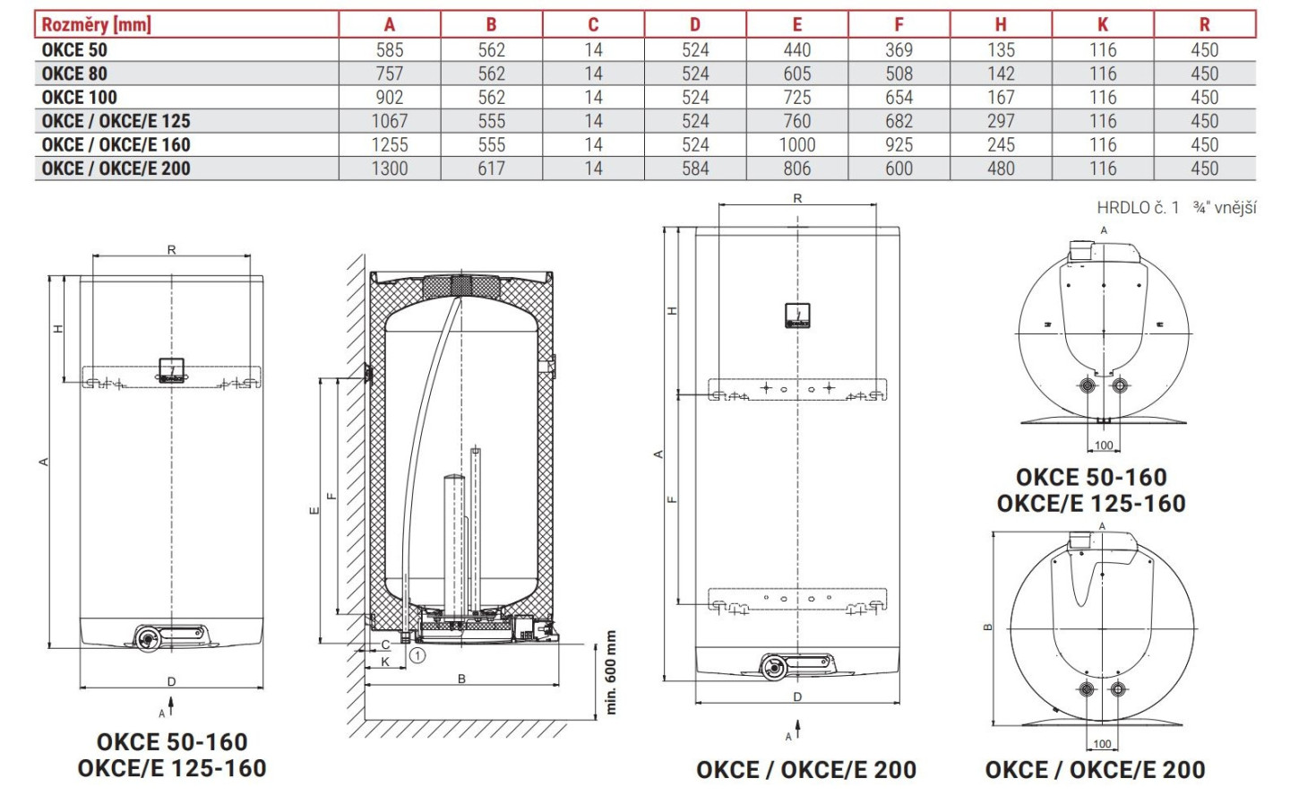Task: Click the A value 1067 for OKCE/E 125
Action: click(390, 121)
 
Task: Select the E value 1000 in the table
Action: click(797, 144)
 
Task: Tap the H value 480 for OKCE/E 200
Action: click(1001, 169)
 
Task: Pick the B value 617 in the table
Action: click(491, 169)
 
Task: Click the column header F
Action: click(899, 24)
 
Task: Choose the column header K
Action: click(1103, 24)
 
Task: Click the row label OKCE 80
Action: click(74, 74)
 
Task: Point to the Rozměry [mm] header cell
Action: click(96, 25)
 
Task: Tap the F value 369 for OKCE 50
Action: click(899, 50)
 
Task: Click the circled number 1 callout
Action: click(417, 655)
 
